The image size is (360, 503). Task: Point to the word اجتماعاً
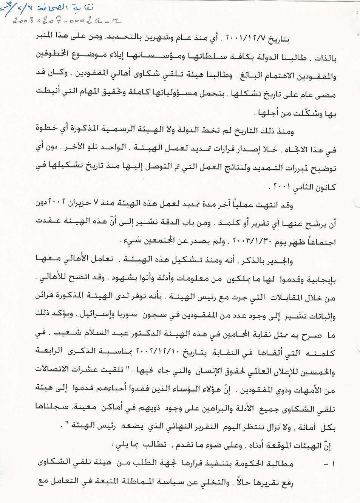(x=317, y=242)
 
